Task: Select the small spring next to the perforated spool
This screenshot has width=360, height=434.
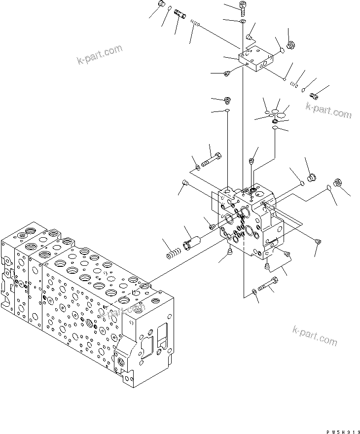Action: pos(196,24)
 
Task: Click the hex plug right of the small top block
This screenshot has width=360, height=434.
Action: pos(290,45)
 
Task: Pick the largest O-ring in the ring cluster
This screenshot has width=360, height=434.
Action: pos(282,114)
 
